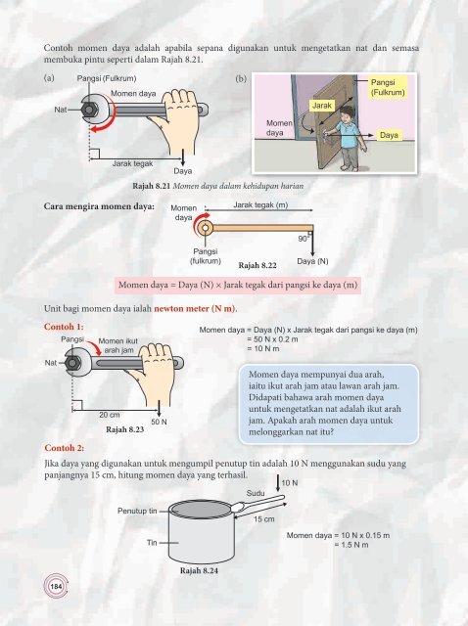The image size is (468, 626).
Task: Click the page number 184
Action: click(x=56, y=586)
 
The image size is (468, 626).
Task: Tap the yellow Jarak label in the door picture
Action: click(x=322, y=106)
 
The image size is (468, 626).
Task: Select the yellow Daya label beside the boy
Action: click(x=389, y=135)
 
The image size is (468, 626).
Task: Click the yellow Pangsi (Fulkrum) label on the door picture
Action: click(x=388, y=87)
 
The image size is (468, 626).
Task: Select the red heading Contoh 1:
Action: click(x=64, y=327)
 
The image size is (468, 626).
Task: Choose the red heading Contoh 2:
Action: click(x=65, y=448)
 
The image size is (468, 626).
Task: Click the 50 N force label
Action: click(x=159, y=422)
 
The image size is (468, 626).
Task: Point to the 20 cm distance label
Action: click(x=110, y=415)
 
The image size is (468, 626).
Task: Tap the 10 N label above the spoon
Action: click(x=290, y=483)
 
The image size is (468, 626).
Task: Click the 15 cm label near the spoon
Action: click(x=263, y=519)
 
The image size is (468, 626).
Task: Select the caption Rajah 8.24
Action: click(x=199, y=570)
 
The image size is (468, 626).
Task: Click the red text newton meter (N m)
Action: click(x=195, y=309)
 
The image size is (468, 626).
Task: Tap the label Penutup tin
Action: click(x=137, y=511)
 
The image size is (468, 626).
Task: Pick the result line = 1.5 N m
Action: click(x=351, y=545)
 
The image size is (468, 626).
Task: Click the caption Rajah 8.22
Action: click(x=257, y=265)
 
